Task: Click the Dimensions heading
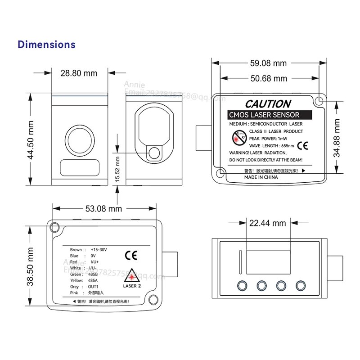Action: [x=46, y=45]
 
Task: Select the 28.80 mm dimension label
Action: [x=78, y=73]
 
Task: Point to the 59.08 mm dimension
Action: [x=268, y=63]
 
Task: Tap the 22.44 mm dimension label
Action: [x=268, y=223]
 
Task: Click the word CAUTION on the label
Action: [x=268, y=104]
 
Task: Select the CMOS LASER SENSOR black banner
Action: [x=263, y=115]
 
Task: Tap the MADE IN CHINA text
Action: [x=261, y=177]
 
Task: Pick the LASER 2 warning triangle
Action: [x=132, y=275]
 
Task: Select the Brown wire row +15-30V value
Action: [x=99, y=250]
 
